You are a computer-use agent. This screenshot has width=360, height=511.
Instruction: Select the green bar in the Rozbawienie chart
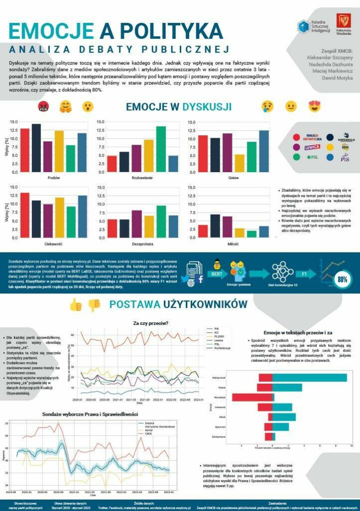pyautogui.click(x=161, y=148)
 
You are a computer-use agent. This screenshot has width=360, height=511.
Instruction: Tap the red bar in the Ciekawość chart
pyautogui.click(x=24, y=215)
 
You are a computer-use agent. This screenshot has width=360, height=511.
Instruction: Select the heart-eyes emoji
pyautogui.click(x=315, y=106)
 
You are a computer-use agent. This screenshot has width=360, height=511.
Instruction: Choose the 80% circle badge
pyautogui.click(x=342, y=280)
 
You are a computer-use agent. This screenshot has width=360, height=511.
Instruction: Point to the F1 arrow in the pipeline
pyautogui.click(x=304, y=274)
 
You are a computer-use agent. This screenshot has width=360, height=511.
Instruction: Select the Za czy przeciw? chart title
pyautogui.click(x=150, y=323)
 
